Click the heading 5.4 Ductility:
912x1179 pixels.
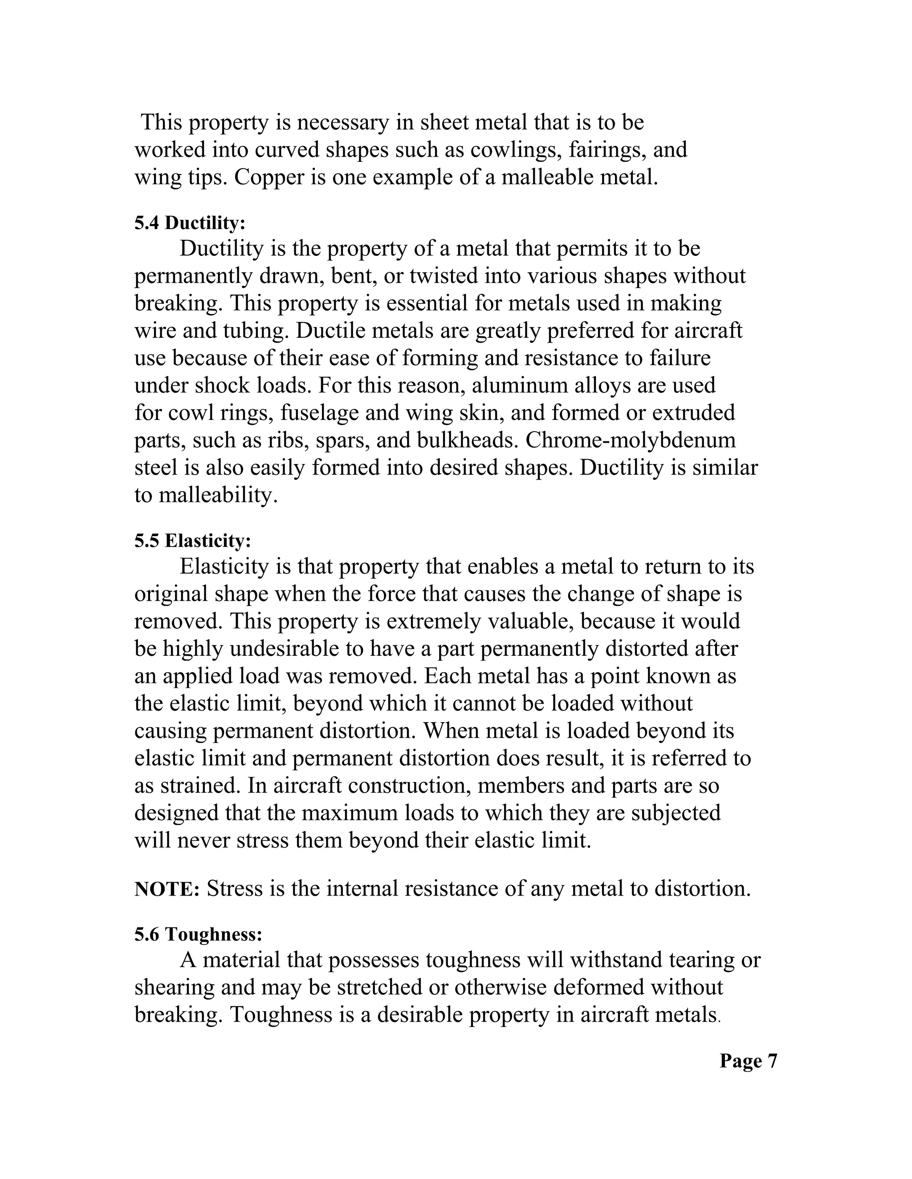[x=190, y=222]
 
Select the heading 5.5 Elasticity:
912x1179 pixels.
[x=193, y=541]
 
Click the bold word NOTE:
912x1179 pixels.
[x=167, y=888]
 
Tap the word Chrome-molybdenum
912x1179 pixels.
[x=631, y=440]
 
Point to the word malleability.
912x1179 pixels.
[x=218, y=495]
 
